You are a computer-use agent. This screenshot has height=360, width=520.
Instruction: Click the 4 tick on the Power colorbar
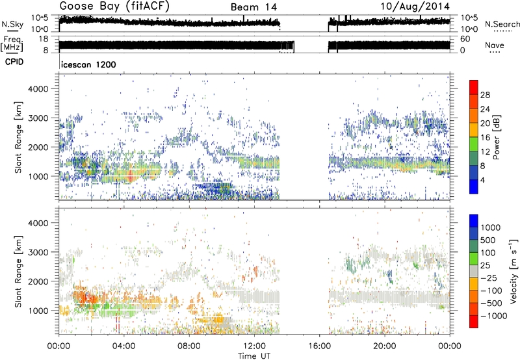[484, 180]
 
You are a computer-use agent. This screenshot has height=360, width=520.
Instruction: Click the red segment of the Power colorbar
[474, 87]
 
